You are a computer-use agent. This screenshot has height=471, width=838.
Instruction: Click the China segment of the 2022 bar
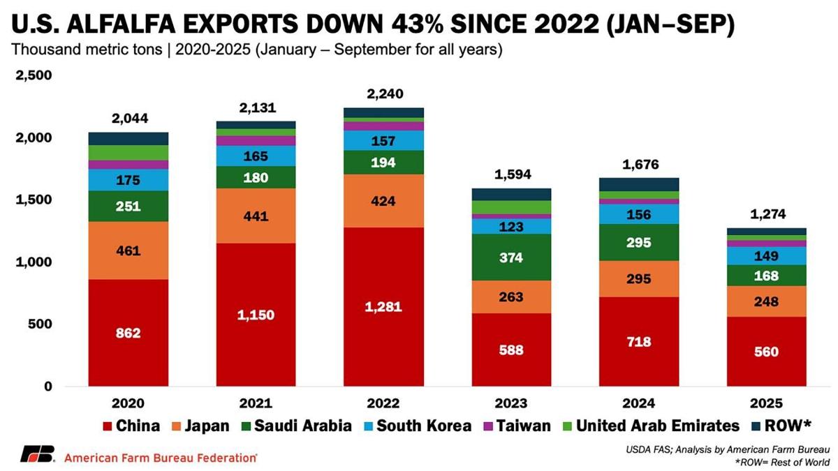(x=383, y=306)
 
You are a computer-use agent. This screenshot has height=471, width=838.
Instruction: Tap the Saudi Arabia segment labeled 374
(x=511, y=257)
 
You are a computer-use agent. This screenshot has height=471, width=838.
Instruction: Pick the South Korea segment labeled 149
(x=767, y=255)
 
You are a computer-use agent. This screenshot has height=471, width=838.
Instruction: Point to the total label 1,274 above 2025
(x=767, y=215)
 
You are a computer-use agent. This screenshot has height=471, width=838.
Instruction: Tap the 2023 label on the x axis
(x=511, y=403)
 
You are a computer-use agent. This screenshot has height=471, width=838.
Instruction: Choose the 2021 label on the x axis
(x=256, y=403)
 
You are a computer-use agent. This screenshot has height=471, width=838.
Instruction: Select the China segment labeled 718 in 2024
(x=639, y=341)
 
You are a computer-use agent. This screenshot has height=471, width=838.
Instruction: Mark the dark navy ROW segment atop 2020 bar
(x=128, y=138)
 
